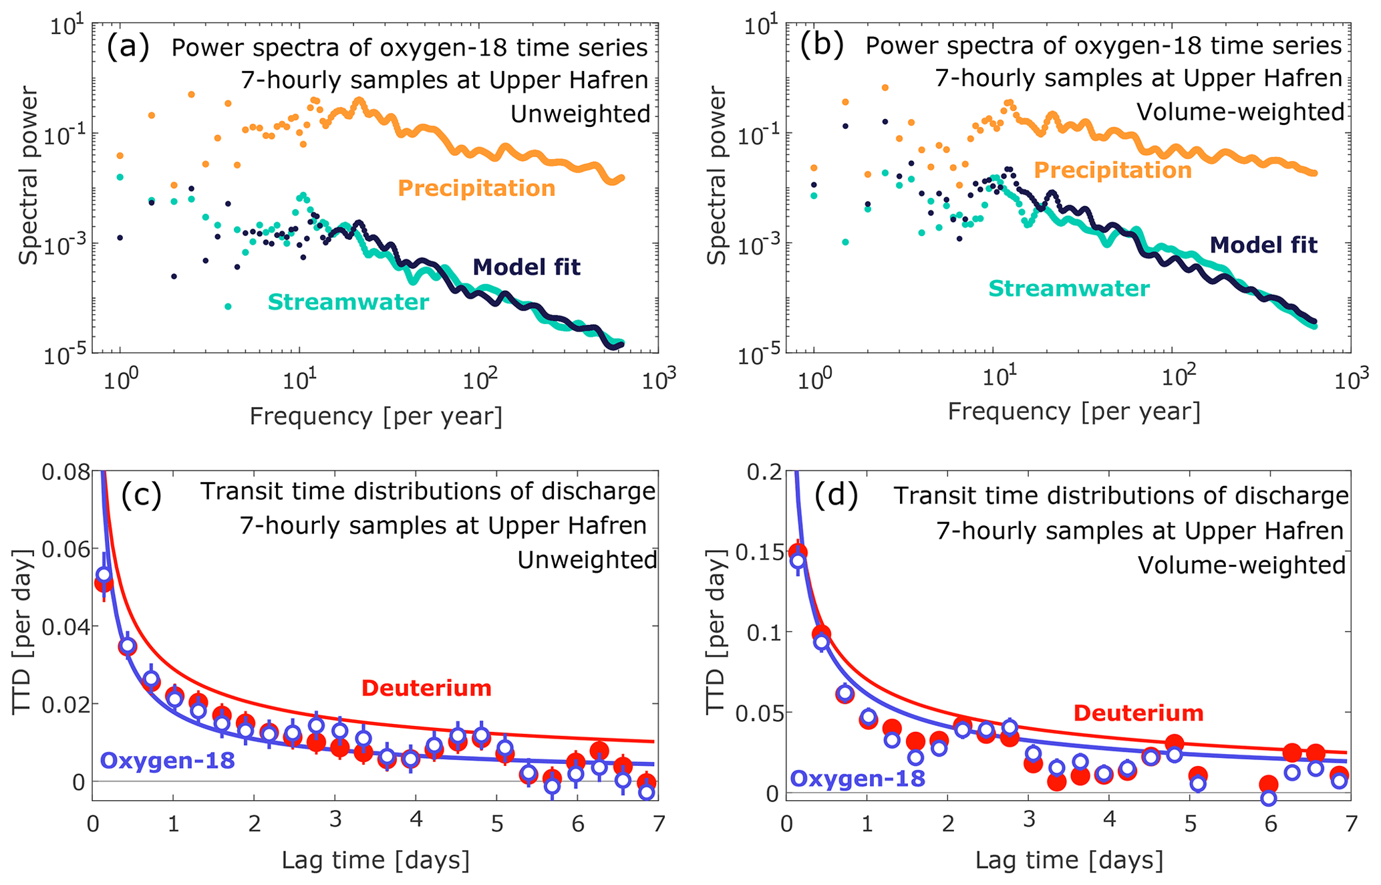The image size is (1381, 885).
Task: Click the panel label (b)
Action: click(822, 45)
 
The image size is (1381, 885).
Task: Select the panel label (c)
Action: click(141, 495)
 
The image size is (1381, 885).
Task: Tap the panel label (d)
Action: click(836, 496)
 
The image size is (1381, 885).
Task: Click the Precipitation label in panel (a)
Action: click(476, 188)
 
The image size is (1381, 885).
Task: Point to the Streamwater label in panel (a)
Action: click(348, 302)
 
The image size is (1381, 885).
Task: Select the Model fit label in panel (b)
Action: click(1263, 245)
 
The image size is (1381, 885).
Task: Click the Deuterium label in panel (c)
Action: click(426, 688)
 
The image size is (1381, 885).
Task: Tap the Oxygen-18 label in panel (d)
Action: click(858, 778)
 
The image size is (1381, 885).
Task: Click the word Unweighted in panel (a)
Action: click(580, 114)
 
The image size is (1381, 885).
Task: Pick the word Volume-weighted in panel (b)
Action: click(1240, 112)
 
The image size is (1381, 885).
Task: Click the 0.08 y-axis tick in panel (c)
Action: click(65, 473)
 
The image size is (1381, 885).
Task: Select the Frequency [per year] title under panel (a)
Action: click(375, 416)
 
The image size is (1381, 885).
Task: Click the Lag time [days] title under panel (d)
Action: click(1069, 860)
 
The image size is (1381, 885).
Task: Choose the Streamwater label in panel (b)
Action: click(1069, 289)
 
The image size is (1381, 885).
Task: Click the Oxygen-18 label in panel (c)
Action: click(167, 761)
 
